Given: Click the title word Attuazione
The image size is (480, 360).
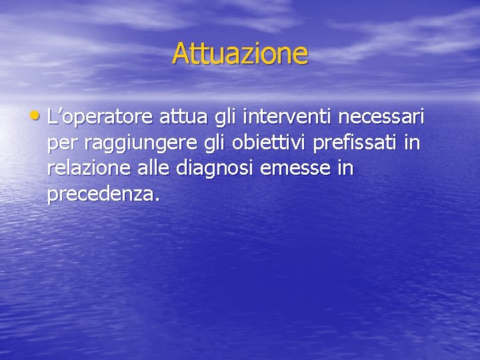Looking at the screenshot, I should (x=240, y=53).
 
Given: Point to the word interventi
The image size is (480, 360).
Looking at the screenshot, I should (x=288, y=118).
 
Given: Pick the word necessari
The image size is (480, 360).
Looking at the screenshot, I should (x=381, y=118).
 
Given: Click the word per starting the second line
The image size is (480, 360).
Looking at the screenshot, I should (x=63, y=145).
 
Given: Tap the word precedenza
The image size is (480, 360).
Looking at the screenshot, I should (x=101, y=194).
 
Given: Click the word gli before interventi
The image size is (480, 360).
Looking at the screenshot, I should (x=225, y=119).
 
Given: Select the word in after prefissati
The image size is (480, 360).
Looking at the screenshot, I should (x=413, y=143).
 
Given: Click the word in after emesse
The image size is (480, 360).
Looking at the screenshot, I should (x=345, y=169).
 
